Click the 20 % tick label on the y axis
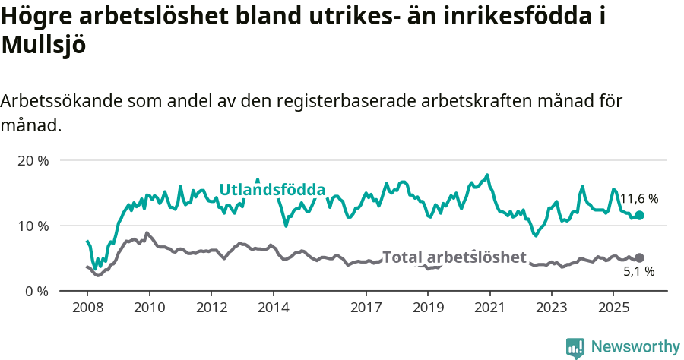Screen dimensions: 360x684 coord(33,161)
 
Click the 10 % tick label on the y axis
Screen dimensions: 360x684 coord(33,226)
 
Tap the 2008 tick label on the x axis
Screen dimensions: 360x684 coord(87,309)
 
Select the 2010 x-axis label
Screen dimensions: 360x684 coord(149,309)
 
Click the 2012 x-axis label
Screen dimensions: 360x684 coord(211,309)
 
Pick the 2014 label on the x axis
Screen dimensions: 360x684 coord(273,309)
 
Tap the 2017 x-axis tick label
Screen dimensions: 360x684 coord(366,309)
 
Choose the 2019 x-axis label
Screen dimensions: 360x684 coord(427,309)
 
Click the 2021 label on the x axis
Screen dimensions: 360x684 coord(489,309)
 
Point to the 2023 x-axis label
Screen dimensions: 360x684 coord(551,309)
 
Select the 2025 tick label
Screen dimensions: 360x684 coord(613,309)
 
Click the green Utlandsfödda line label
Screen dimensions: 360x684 coord(272,190)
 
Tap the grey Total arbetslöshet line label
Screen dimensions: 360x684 coord(454,257)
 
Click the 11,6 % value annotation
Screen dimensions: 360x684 coord(638,199)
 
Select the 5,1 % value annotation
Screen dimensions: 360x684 coord(638,271)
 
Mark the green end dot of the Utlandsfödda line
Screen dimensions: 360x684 coord(639,216)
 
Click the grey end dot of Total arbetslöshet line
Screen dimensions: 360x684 coord(639,258)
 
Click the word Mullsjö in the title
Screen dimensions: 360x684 coord(43,46)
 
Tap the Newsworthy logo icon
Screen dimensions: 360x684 coord(575,347)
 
